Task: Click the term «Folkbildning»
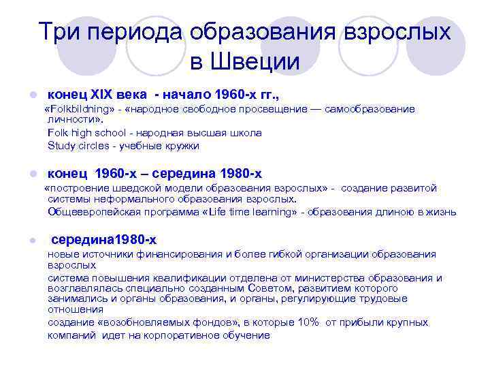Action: (x=79, y=109)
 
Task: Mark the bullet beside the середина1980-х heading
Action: (x=24, y=240)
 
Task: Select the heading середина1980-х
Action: (x=103, y=239)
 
